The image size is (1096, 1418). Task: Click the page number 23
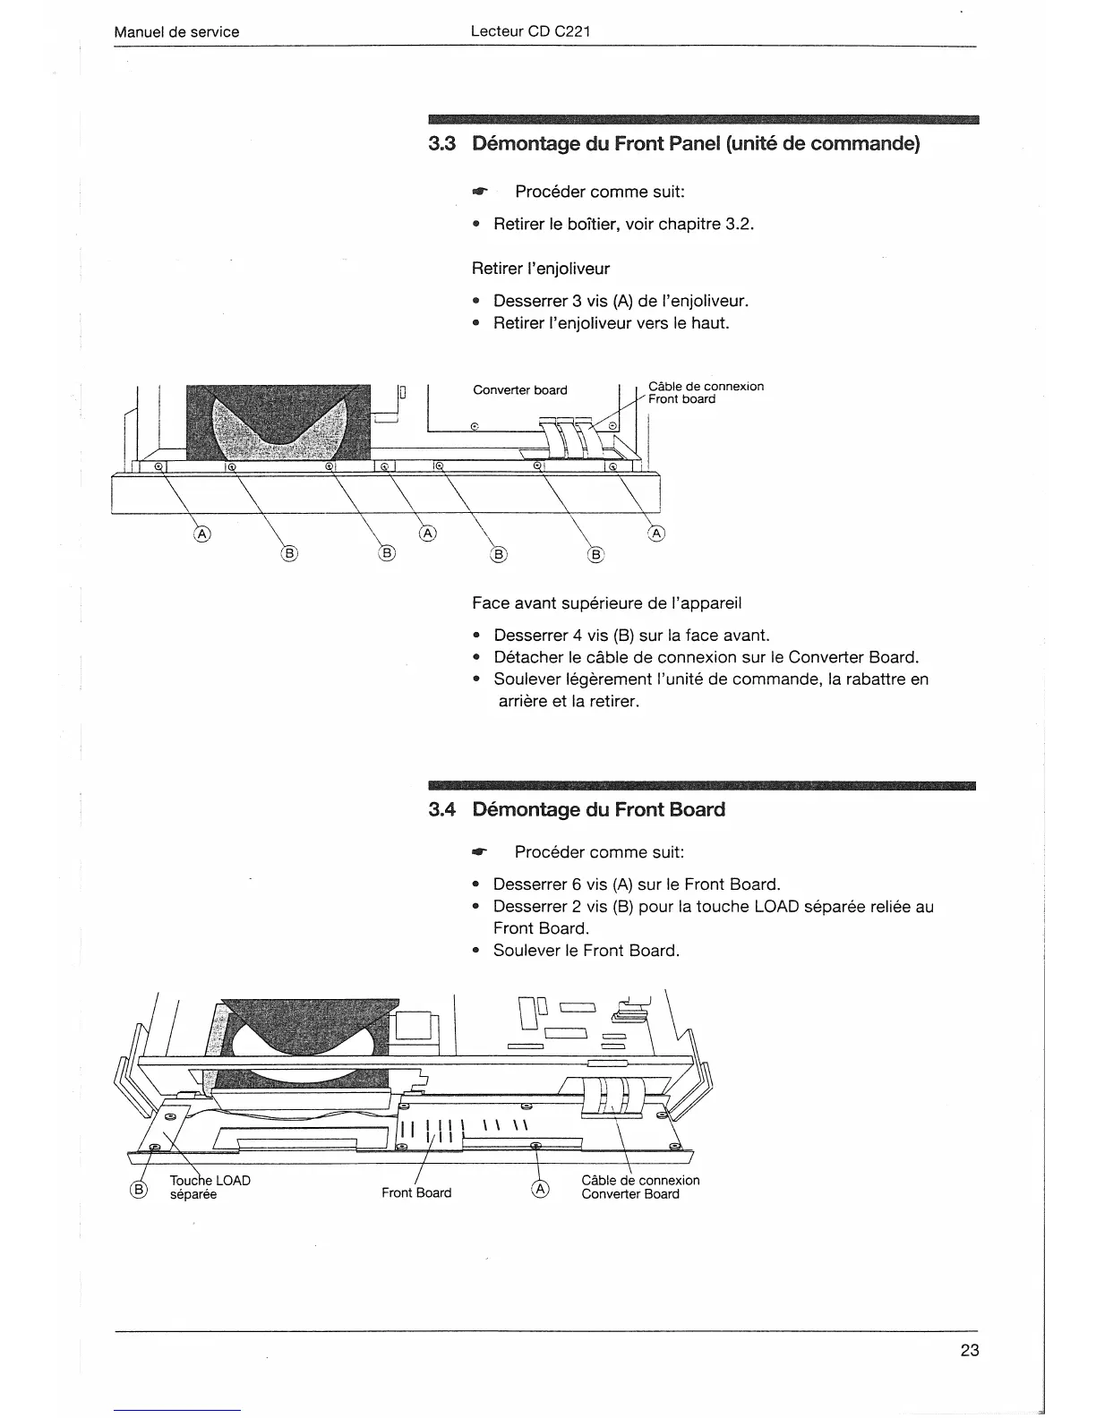[x=970, y=1351]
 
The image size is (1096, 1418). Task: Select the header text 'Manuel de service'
[x=176, y=32]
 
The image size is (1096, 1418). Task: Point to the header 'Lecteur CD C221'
[x=530, y=32]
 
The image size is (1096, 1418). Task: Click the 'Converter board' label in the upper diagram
[x=519, y=390]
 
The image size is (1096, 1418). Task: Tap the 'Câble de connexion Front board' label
[x=706, y=393]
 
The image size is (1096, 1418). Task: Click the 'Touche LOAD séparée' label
[x=210, y=1187]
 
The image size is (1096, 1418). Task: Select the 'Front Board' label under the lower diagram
[x=416, y=1192]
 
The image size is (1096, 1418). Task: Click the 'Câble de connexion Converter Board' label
[x=639, y=1187]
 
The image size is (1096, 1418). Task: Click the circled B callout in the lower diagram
[x=139, y=1189]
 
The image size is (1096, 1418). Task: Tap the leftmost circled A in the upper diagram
[x=201, y=534]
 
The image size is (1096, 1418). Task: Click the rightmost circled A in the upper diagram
[x=656, y=534]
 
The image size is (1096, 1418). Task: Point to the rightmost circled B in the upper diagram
[x=595, y=554]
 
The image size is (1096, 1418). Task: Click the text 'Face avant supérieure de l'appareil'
[x=606, y=603]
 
